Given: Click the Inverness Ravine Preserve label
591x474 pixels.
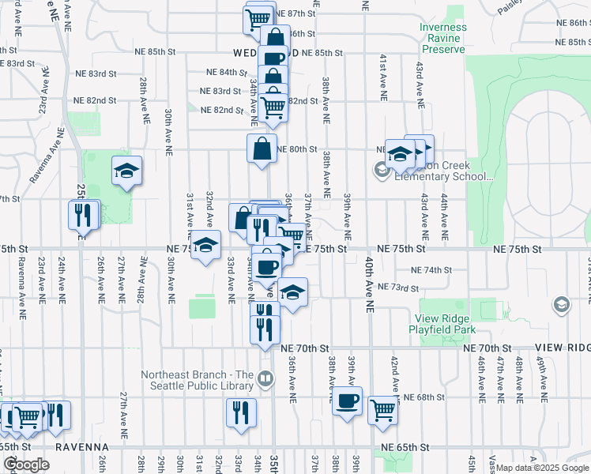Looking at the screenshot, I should [442, 38].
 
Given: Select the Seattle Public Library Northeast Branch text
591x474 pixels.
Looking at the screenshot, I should [198, 380].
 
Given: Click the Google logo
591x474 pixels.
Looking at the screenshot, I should [26, 464].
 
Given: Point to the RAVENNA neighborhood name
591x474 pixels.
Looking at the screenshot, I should [81, 447].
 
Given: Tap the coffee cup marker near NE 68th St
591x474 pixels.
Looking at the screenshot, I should [347, 402].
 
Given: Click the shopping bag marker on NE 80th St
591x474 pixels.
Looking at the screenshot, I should [262, 148].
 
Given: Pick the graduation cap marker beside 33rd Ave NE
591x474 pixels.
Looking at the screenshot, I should [205, 246].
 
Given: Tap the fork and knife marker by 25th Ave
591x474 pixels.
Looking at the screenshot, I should [83, 213].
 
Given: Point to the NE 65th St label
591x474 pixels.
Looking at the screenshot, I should [404, 447].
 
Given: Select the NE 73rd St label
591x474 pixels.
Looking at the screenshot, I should [397, 288].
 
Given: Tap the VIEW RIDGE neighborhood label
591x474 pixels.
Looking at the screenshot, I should [563, 348].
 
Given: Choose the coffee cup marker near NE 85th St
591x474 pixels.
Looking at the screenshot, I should [273, 58].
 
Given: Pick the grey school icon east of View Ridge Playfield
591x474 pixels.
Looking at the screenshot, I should [561, 305].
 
